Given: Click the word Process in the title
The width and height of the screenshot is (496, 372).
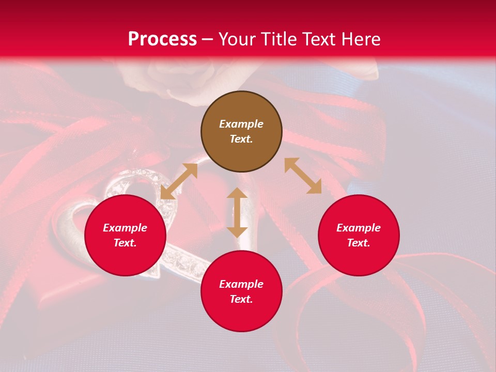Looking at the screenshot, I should [162, 39].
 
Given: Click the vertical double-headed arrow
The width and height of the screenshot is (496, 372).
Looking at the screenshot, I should [237, 212].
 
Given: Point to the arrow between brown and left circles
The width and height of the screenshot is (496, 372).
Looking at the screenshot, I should [179, 181].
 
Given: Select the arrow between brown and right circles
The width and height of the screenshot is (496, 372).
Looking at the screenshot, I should [303, 176].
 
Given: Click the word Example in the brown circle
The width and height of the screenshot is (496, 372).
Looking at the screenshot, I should [241, 124].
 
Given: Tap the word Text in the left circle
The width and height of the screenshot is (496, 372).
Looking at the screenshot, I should [125, 243].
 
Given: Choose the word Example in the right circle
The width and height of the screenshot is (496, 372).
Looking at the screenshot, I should [359, 228].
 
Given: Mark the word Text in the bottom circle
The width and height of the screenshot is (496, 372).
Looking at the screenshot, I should [241, 300].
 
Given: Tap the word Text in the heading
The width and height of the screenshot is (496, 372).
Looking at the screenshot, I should [316, 39].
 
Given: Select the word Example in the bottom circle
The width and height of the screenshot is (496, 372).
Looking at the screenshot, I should [241, 284].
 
